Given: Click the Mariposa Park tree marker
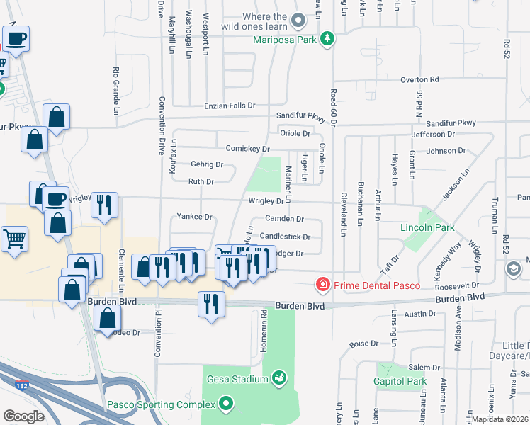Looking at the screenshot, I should pyautogui.click(x=327, y=40).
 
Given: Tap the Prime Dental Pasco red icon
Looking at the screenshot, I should pyautogui.click(x=322, y=285).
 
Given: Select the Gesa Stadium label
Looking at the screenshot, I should pyautogui.click(x=238, y=378).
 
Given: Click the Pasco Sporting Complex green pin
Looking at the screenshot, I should pyautogui.click(x=226, y=404).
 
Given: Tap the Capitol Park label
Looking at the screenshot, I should pyautogui.click(x=400, y=382).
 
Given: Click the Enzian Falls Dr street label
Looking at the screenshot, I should pyautogui.click(x=229, y=106).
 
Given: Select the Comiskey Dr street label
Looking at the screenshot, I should pyautogui.click(x=247, y=149).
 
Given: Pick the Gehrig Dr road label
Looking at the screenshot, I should pyautogui.click(x=207, y=164).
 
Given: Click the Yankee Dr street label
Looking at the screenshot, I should pyautogui.click(x=194, y=217).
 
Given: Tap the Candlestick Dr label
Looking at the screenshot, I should pyautogui.click(x=285, y=237).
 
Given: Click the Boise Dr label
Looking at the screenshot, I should pyautogui.click(x=365, y=344).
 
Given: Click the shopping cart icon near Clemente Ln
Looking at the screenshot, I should pyautogui.click(x=13, y=239).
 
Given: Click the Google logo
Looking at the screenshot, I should pyautogui.click(x=24, y=416).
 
